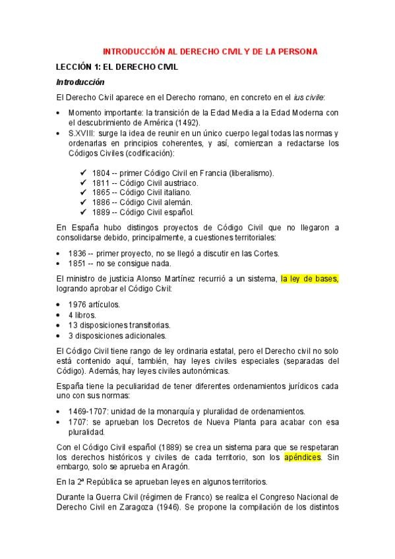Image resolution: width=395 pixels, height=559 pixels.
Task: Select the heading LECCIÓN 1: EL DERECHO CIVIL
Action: (117, 67)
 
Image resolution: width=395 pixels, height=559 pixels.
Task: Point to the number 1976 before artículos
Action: (79, 305)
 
